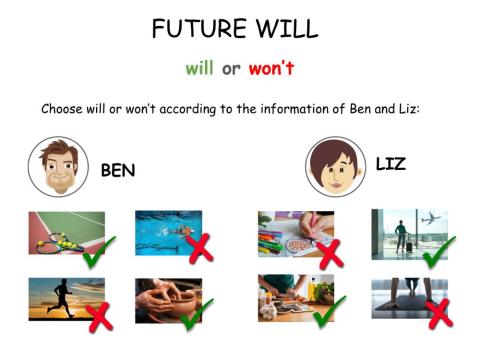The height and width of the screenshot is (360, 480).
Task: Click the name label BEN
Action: click(117, 171)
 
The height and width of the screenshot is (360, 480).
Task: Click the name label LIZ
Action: click(390, 163)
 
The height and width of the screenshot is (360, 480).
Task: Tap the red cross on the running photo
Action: click(99, 317)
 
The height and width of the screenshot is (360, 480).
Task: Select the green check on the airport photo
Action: click(438, 251)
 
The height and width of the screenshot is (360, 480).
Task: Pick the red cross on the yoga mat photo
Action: click(438, 313)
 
